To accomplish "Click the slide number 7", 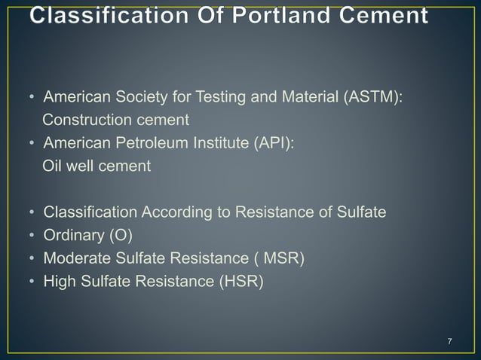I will tap(449, 343).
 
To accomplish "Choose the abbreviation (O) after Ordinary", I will tap(120, 236).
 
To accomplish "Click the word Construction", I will tap(86, 120).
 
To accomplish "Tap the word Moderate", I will tap(76, 259).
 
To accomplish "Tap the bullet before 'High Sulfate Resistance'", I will tap(32, 283).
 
